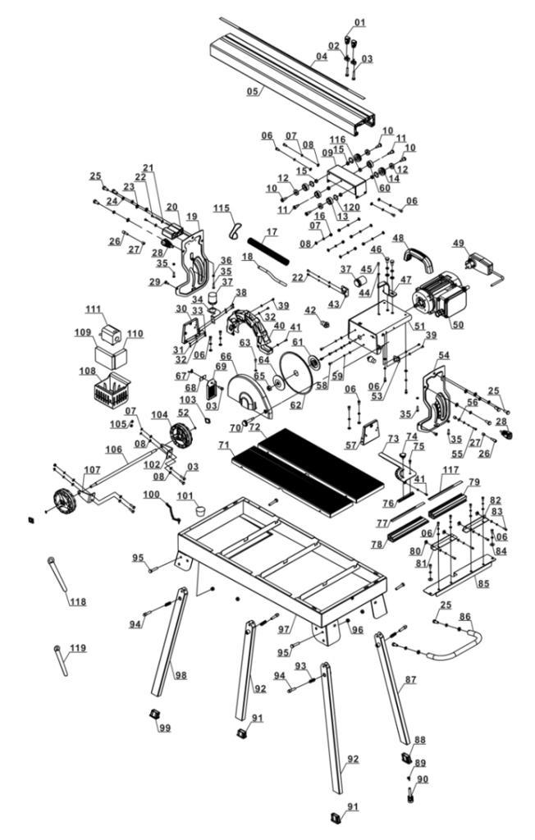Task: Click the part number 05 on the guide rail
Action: point(253,91)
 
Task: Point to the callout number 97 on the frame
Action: point(285,628)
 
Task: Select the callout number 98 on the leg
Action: point(180,675)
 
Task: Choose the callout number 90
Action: point(423,778)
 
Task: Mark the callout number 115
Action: point(222,208)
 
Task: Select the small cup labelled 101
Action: point(199,509)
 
